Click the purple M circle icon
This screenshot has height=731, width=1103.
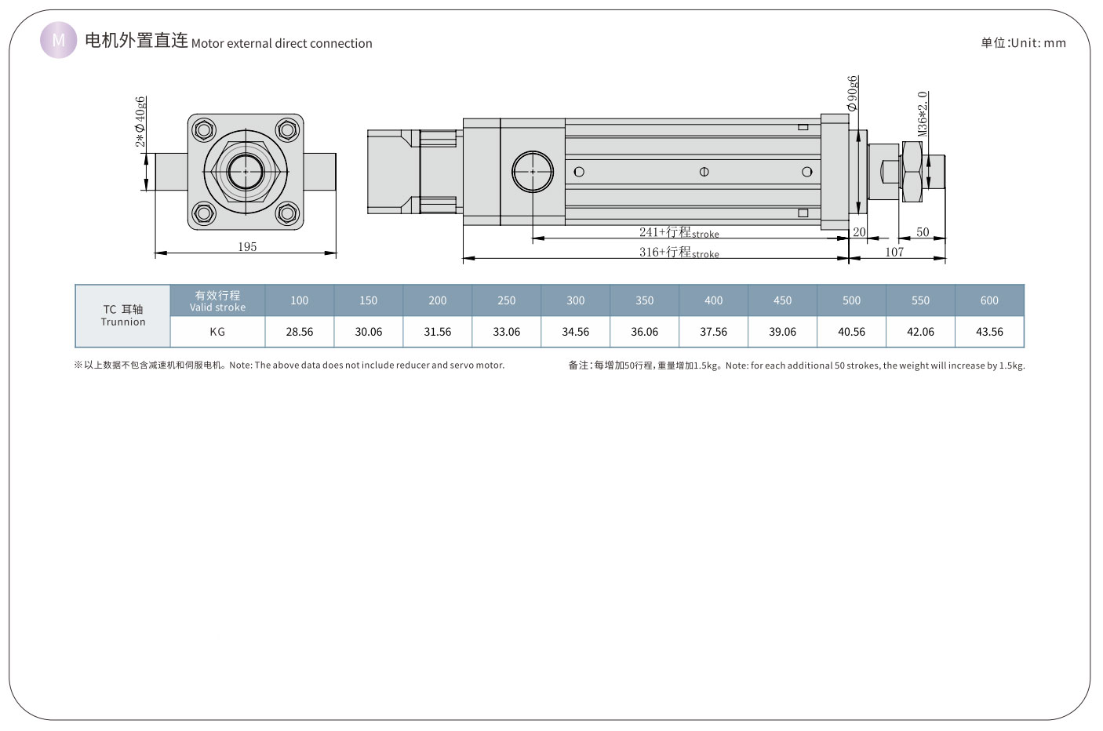tap(59, 40)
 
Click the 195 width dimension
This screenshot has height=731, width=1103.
tap(247, 246)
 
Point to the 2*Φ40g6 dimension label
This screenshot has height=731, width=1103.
tap(140, 122)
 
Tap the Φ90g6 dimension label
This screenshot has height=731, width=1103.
tap(853, 93)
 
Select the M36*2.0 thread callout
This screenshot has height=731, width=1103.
tap(923, 114)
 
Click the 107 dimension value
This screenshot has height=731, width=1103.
tap(894, 252)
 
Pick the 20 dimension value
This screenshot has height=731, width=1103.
tap(859, 232)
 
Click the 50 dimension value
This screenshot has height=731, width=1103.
tap(923, 232)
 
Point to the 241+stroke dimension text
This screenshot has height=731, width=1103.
tap(679, 232)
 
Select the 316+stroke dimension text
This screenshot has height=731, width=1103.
tap(679, 252)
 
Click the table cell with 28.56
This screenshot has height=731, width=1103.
tap(300, 332)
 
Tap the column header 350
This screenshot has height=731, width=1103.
tap(645, 300)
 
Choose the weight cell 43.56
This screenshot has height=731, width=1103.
tap(989, 332)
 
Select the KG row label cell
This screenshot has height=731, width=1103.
tap(217, 332)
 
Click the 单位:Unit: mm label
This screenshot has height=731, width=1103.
tap(1023, 43)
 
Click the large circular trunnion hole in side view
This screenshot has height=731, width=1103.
tap(533, 172)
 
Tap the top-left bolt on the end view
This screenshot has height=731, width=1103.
tap(204, 130)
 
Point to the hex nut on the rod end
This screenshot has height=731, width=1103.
tap(912, 171)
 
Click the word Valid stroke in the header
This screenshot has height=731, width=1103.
tap(217, 307)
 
